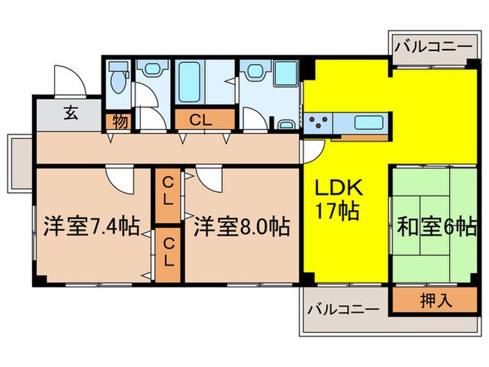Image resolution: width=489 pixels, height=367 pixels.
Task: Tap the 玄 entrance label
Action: click(72, 112)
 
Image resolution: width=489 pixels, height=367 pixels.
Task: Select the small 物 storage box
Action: click(119, 121)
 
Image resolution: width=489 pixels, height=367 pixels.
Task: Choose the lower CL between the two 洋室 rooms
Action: click(168, 252)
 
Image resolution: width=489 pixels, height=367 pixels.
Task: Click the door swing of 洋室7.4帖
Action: click(119, 180)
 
